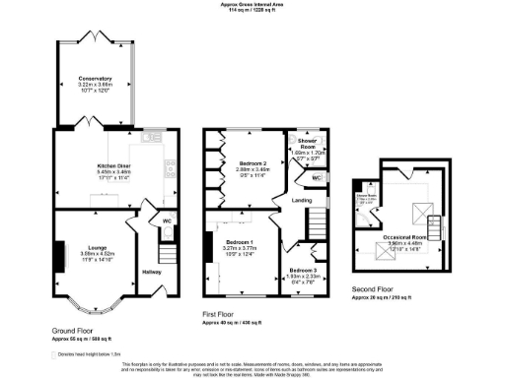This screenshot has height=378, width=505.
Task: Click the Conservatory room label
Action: click(x=97, y=78)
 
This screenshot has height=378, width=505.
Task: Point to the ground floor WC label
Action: click(x=167, y=221)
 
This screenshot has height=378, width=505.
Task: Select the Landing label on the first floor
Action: click(x=302, y=202)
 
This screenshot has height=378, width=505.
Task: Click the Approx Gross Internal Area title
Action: click(x=252, y=5)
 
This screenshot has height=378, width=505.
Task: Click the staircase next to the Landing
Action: click(x=318, y=227)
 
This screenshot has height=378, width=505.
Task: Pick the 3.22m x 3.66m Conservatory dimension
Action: click(x=97, y=86)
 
